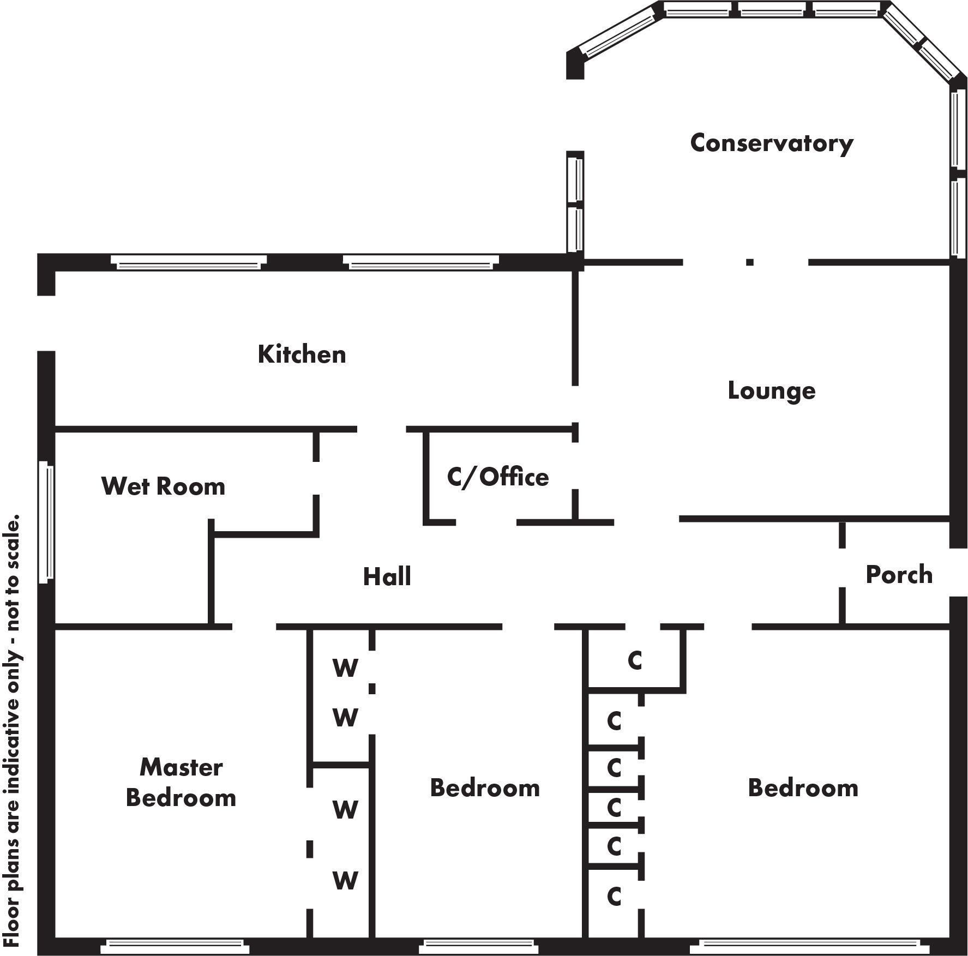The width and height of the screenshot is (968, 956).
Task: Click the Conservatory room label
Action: tap(771, 143)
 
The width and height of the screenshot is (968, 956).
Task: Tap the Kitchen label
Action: tap(302, 354)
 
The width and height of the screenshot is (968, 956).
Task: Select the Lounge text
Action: tap(771, 391)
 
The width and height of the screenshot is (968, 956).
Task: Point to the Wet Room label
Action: tap(163, 486)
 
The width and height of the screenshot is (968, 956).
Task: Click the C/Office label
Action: tap(497, 477)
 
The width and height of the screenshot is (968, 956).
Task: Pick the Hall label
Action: tap(387, 576)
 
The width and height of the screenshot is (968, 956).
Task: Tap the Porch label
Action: tap(899, 575)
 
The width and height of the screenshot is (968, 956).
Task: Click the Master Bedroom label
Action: tap(181, 783)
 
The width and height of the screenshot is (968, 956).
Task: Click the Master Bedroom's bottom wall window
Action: tap(175, 945)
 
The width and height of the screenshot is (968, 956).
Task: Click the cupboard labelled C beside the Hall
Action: tap(635, 661)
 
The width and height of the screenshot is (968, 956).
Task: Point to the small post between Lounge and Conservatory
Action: tap(750, 262)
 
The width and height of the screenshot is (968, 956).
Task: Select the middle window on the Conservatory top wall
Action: tap(771, 9)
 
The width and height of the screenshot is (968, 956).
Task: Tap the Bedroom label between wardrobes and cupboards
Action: tap(484, 788)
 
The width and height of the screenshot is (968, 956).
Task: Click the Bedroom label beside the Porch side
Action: tap(803, 788)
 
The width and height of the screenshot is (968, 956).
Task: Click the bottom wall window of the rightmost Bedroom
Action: tap(809, 946)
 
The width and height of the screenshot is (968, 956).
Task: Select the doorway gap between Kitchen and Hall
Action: tap(381, 429)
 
